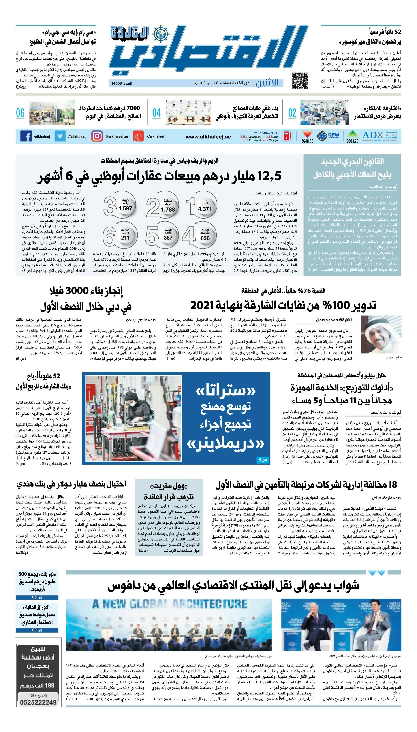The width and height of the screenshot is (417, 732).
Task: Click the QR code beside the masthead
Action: coord(300,81)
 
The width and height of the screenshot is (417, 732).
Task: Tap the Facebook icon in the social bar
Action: coord(26,136)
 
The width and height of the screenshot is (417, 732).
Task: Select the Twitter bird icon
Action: coord(60,136)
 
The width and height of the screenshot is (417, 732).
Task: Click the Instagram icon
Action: coord(97,136)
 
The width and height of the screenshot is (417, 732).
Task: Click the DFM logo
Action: coord(328,135)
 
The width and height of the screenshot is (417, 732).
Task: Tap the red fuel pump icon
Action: coord(287,136)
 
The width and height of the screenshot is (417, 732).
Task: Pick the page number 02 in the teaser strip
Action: coord(292,113)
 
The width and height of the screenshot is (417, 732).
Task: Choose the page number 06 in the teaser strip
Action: coord(20,113)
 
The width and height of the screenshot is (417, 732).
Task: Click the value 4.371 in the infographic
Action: coord(205,209)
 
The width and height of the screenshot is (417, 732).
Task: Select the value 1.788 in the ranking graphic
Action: coord(168,210)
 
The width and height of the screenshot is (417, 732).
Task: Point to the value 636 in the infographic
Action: coord(205,238)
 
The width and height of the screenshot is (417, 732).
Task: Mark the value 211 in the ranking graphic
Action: coord(125,238)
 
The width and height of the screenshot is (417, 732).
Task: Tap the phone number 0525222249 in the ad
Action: coord(38,702)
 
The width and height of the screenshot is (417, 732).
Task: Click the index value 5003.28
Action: coord(352,141)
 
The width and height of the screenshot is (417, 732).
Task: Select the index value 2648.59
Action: coord(307,141)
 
